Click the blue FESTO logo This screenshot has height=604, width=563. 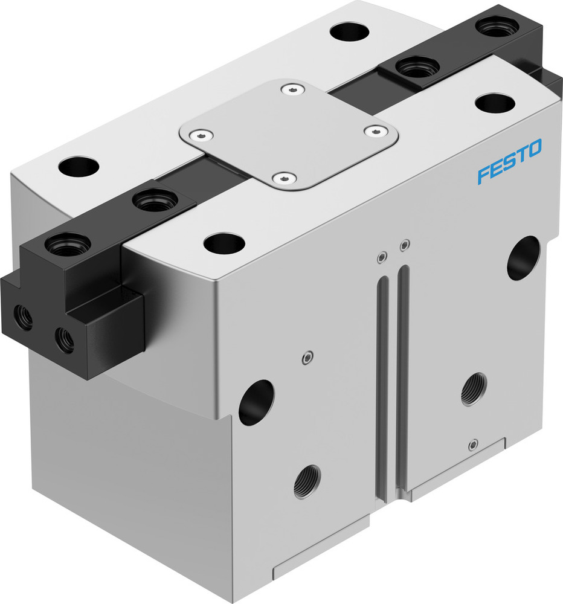pos(509,161)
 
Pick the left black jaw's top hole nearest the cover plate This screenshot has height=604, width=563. pos(155,201)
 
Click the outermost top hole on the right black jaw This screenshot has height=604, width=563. pos(497,26)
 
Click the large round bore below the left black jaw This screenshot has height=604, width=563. pos(256,402)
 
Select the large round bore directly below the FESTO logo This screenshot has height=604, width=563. pos(523,258)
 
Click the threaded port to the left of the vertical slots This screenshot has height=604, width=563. pos(307,481)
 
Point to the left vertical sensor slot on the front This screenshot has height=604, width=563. pos(382,387)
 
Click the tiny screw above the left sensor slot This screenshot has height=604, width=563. pos(381,258)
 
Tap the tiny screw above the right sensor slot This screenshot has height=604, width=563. pos(405,245)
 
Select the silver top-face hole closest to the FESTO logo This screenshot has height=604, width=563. pos(495,103)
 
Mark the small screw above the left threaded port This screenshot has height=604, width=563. pos(307,358)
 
